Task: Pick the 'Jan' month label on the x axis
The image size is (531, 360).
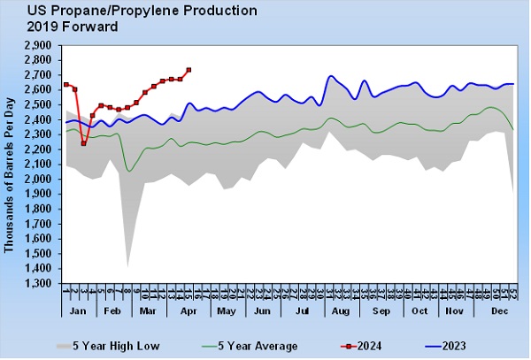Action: (78, 313)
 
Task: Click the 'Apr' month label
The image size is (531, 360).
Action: (188, 313)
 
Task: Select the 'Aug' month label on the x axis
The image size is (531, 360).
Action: (340, 313)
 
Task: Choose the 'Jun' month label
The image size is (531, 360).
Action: (263, 313)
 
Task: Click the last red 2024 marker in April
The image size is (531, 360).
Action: (189, 70)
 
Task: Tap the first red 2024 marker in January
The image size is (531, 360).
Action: (66, 84)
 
